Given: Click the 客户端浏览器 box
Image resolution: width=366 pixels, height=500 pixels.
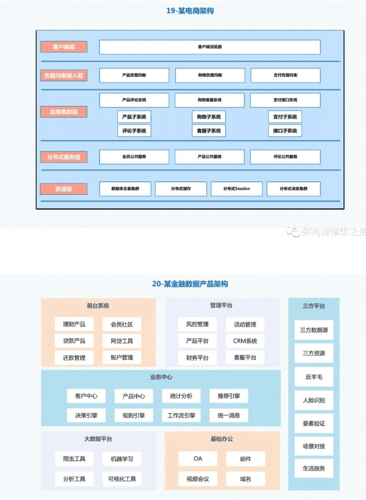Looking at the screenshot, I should (x=209, y=47).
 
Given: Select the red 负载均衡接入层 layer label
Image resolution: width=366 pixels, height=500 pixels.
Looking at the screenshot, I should (x=64, y=75).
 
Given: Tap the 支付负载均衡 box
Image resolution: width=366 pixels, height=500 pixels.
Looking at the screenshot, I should (x=285, y=75).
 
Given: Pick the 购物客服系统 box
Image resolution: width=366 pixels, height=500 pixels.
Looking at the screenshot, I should (x=209, y=100).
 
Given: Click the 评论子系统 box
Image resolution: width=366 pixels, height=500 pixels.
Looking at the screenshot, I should (x=134, y=131).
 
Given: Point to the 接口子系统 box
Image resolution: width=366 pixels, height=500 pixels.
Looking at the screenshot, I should (x=285, y=131).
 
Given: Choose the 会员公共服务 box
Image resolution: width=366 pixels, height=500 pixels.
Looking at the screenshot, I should (x=134, y=157).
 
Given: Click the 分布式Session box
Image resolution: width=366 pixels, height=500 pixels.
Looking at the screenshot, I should (x=237, y=189).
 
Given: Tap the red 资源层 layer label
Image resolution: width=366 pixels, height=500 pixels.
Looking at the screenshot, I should (x=64, y=189).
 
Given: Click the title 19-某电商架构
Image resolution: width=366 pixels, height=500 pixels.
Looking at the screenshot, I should (x=182, y=10).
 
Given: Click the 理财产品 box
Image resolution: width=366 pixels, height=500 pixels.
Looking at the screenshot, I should (x=74, y=324).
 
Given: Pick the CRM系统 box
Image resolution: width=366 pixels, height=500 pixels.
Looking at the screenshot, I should (x=245, y=341).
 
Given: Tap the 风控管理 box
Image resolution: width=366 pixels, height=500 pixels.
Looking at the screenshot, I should (x=197, y=324).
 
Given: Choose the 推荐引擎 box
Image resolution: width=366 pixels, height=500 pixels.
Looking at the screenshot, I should (x=228, y=396).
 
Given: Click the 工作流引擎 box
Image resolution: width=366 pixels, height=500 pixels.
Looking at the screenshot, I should (x=181, y=415).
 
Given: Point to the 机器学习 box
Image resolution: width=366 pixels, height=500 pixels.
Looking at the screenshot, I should (x=122, y=458).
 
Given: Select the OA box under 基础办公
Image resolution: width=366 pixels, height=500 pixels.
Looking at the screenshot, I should (x=198, y=458).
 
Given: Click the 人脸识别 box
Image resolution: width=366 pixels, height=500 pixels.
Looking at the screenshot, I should (x=313, y=400).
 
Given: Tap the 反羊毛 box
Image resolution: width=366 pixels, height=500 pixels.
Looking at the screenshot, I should (x=313, y=377).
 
